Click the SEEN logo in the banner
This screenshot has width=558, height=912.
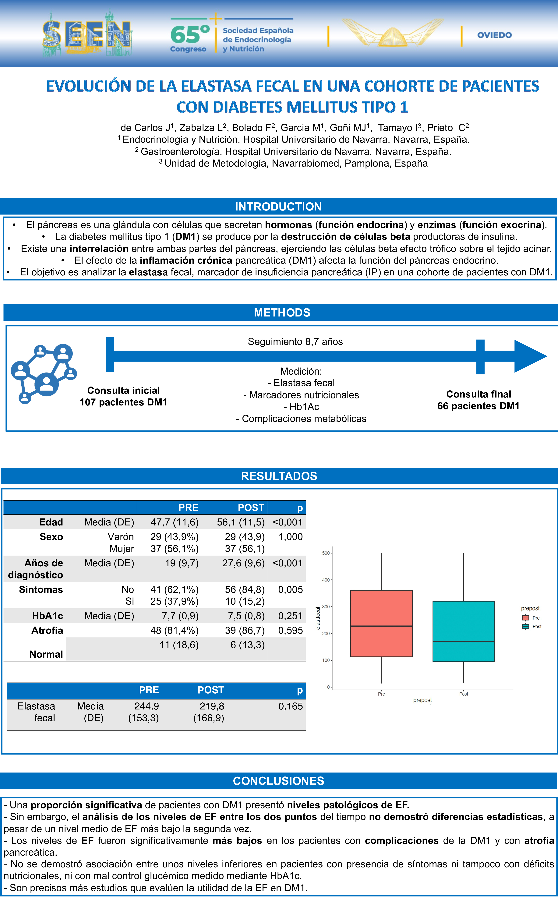(x=87, y=34)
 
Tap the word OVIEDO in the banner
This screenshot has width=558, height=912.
(x=494, y=35)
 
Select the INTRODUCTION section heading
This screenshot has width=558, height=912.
(x=278, y=207)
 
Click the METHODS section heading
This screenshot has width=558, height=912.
(x=282, y=313)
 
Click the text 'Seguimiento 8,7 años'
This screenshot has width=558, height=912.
(x=295, y=342)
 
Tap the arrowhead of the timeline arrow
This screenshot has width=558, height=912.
(x=529, y=356)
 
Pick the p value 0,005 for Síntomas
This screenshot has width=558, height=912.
(x=290, y=590)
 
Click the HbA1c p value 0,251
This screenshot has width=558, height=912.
(x=290, y=616)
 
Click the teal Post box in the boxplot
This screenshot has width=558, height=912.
(x=463, y=631)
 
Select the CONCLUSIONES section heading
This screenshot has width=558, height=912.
(x=278, y=781)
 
